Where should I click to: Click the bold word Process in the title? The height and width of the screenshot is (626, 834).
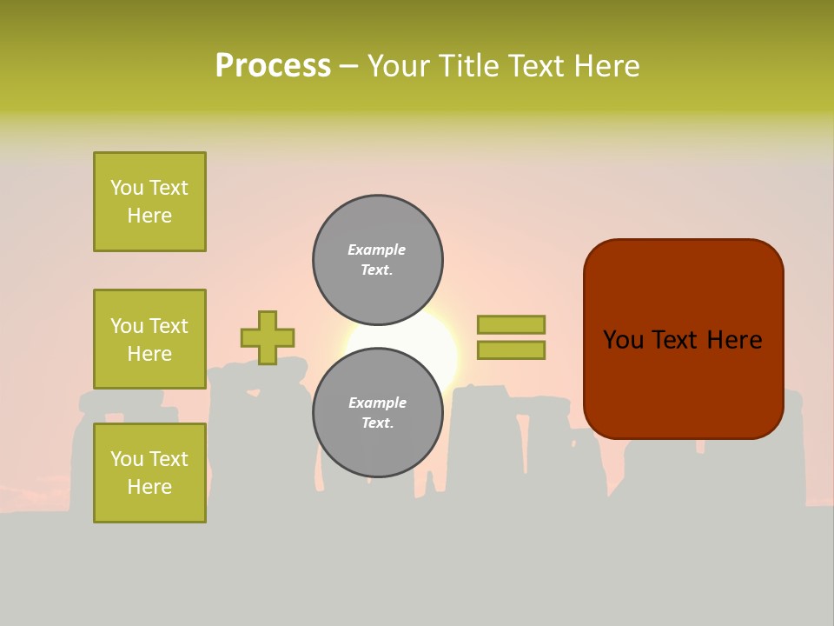[x=273, y=66]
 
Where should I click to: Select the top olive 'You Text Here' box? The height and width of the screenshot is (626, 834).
[x=149, y=202]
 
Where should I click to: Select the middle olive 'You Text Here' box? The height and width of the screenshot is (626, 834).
[x=149, y=339]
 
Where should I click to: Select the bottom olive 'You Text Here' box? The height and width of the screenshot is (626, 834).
[x=149, y=473]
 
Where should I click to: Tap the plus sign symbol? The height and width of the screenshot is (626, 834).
[x=268, y=337]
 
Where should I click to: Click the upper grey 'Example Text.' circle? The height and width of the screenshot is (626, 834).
[x=377, y=260]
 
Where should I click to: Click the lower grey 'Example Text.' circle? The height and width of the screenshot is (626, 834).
[x=377, y=413]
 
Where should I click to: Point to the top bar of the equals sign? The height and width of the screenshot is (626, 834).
[x=511, y=324]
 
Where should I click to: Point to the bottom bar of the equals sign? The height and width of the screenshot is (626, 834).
[x=511, y=350]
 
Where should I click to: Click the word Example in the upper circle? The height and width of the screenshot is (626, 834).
[x=377, y=250]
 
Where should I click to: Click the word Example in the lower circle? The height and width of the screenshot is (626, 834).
[x=377, y=403]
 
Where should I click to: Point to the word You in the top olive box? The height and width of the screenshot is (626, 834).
[x=127, y=188]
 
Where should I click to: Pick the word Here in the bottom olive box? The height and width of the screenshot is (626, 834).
[x=149, y=487]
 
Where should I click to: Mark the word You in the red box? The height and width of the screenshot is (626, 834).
[x=623, y=340]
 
